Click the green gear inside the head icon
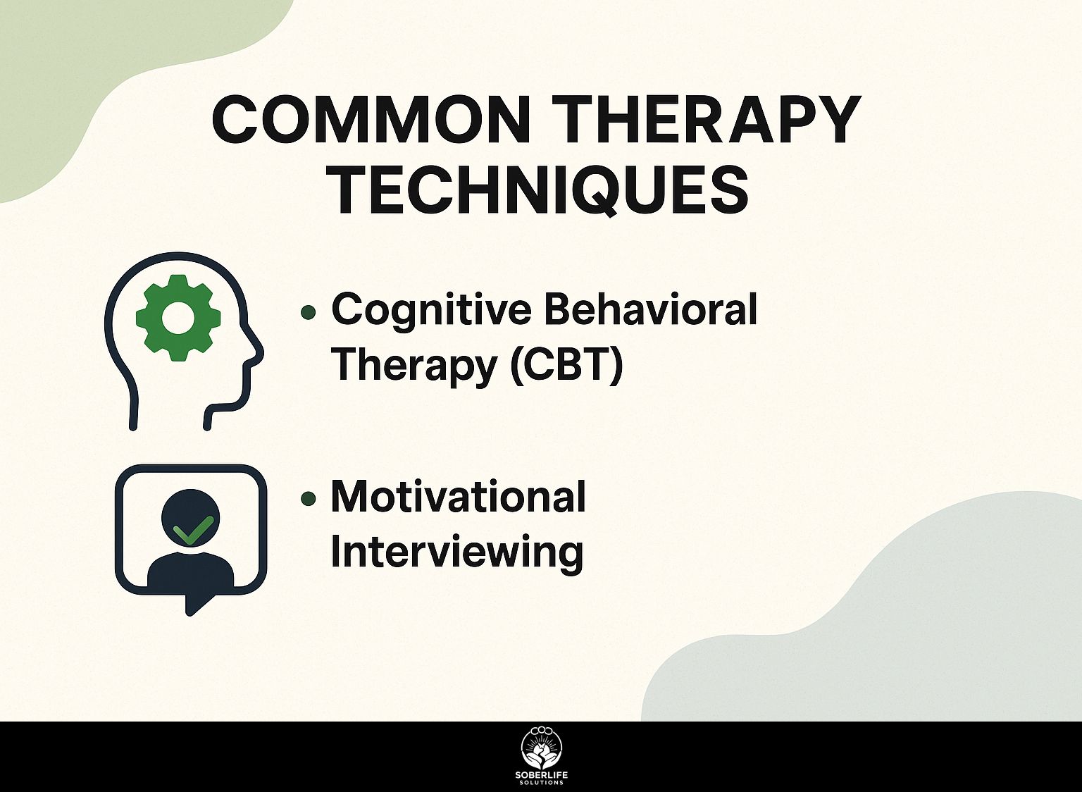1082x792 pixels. [x=178, y=318]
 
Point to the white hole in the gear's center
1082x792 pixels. [x=178, y=318]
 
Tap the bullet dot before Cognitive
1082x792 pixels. [x=308, y=313]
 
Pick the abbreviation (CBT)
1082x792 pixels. [x=566, y=367]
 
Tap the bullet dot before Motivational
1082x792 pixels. [x=308, y=498]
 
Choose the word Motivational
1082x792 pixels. [x=458, y=497]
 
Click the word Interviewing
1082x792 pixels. [x=457, y=554]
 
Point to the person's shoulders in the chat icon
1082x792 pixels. [x=191, y=568]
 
